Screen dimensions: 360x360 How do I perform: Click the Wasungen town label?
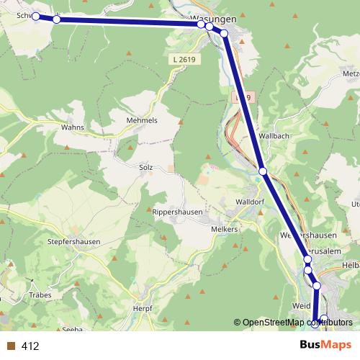(215, 19)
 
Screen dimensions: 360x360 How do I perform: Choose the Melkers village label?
(225, 228)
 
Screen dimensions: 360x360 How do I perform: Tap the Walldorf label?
(251, 202)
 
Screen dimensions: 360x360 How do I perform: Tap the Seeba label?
(73, 329)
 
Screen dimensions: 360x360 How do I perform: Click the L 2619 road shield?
(185, 58)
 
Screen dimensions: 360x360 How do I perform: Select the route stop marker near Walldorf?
(264, 171)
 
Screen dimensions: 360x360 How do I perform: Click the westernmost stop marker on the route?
(35, 16)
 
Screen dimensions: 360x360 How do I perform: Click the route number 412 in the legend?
(30, 346)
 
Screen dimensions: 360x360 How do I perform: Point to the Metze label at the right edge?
(351, 73)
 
